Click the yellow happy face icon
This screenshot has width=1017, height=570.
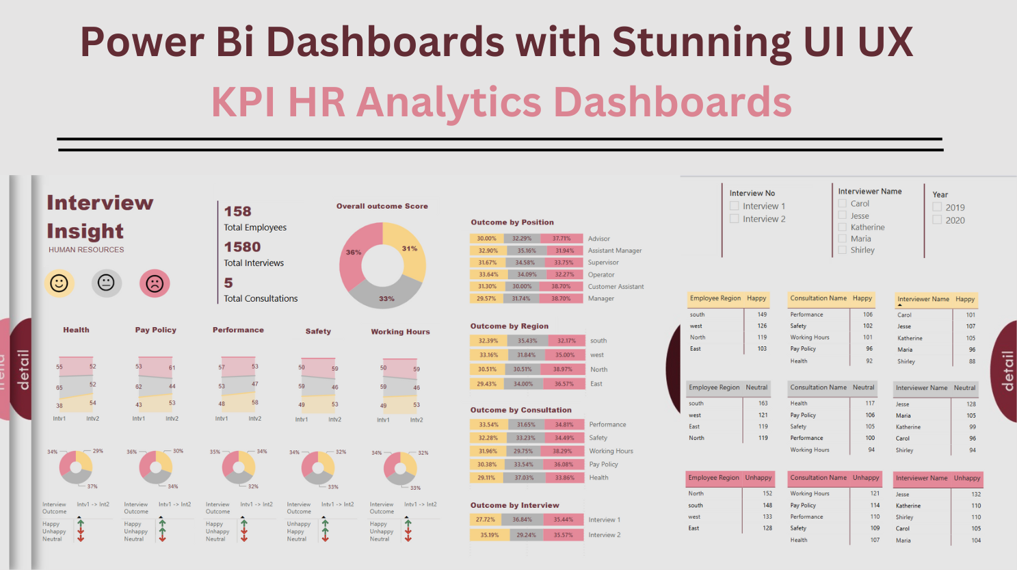click(60, 283)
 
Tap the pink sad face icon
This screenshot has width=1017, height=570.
click(155, 283)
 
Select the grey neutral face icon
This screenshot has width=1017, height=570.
click(106, 283)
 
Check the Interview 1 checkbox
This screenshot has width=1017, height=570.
click(734, 206)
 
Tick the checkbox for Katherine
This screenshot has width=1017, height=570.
click(843, 227)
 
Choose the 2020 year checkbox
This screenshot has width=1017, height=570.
click(937, 220)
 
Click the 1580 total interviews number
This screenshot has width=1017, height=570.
click(242, 247)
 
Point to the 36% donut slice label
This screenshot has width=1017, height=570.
click(353, 252)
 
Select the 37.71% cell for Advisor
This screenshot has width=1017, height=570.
click(562, 239)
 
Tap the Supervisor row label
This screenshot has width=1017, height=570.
click(603, 263)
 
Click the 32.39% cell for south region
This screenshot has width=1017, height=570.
click(488, 341)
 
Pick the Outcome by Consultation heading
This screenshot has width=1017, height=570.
click(520, 410)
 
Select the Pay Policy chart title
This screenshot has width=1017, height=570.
click(155, 330)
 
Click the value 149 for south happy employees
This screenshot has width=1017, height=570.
click(762, 315)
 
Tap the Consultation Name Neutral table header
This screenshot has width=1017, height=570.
click(832, 387)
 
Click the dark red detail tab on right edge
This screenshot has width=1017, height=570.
click(1005, 371)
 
